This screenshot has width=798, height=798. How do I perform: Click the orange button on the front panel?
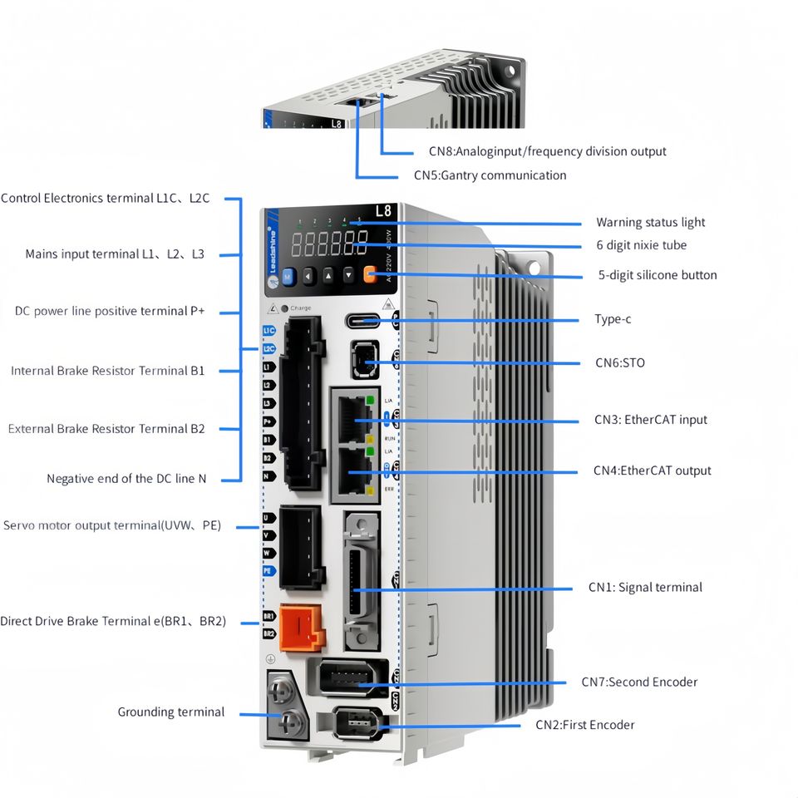[x=370, y=274]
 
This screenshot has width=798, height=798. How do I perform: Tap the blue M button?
[x=288, y=276]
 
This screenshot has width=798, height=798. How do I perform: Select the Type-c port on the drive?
[x=363, y=320]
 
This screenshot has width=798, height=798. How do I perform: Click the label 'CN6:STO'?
[x=619, y=363]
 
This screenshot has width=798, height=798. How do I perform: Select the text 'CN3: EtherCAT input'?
[x=650, y=420]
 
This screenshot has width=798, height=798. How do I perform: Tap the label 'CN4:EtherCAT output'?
[x=652, y=470]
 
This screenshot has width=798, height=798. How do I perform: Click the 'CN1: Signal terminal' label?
[x=645, y=588]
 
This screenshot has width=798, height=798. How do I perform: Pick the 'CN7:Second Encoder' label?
[x=639, y=682]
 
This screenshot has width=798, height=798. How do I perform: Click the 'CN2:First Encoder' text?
[x=584, y=725]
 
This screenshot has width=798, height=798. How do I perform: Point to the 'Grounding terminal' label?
[x=170, y=712]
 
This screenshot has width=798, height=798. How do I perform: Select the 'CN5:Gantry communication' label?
[x=490, y=175]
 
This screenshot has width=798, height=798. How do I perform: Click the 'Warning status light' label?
[x=650, y=223]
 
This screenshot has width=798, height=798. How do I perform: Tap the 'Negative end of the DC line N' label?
[x=126, y=479]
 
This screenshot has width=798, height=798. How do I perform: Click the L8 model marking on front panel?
[x=383, y=211]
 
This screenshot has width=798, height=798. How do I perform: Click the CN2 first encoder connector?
[x=357, y=722]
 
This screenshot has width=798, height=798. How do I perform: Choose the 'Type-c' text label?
[x=613, y=320]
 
